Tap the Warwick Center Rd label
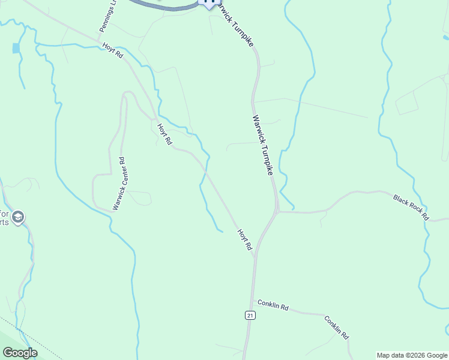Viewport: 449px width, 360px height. (118, 184)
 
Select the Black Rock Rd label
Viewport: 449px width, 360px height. (411, 206)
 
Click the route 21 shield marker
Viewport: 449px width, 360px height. (250, 315)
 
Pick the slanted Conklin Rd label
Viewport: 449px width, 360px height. (337, 328)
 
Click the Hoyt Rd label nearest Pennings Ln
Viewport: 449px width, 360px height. (112, 50)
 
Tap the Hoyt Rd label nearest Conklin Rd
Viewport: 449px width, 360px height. (244, 239)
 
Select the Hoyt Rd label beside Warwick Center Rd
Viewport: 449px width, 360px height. (164, 134)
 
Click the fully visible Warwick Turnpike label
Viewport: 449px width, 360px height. (263, 145)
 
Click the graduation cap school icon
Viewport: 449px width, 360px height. (18, 217)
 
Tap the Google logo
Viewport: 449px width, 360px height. (20, 353)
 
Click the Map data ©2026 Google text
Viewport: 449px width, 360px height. (412, 355)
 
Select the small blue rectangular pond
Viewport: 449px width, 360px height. (15, 48)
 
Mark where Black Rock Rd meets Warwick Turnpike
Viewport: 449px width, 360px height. (277, 211)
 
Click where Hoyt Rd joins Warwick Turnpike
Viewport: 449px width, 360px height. (255, 256)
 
